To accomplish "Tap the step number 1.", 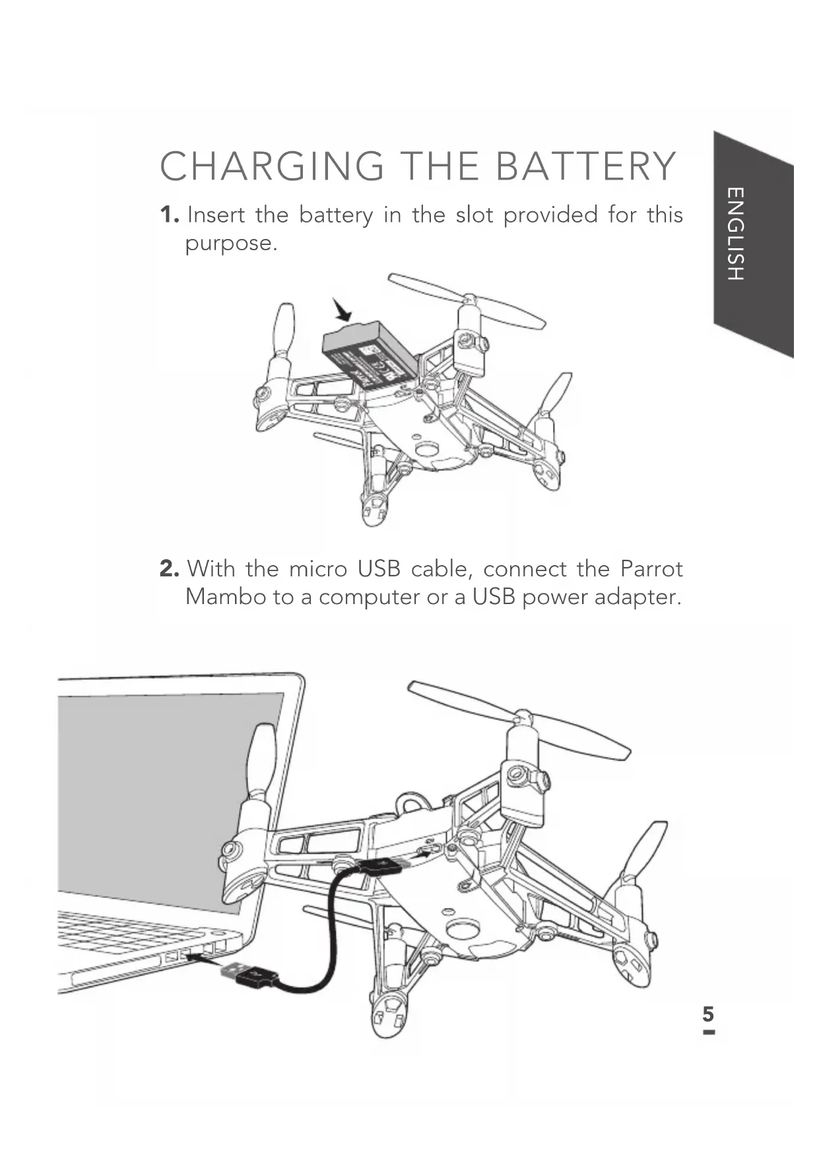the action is click(x=169, y=215).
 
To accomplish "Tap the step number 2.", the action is click(x=169, y=568).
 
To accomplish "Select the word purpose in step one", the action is click(x=230, y=244).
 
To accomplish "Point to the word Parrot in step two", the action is click(x=651, y=568).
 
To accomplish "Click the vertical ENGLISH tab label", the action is click(x=735, y=234).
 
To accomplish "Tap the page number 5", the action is click(x=708, y=1014).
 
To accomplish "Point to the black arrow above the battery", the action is click(x=343, y=309).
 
